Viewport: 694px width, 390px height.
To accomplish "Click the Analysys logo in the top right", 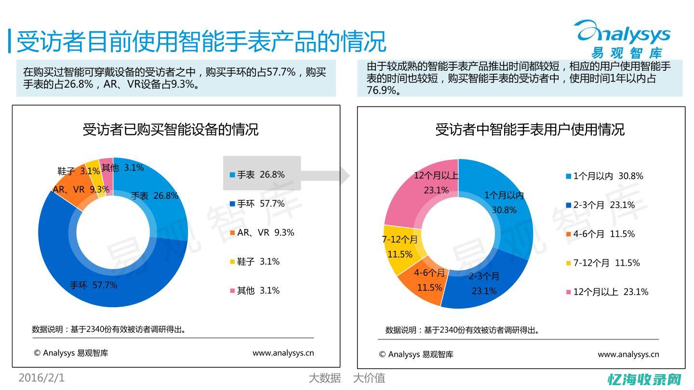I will click(x=625, y=39).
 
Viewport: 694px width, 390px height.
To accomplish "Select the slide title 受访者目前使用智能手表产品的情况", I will click(x=201, y=41).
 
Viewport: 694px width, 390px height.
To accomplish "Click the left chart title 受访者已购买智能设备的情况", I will click(x=171, y=129).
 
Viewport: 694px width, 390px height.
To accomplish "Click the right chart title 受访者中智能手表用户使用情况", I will click(x=530, y=129).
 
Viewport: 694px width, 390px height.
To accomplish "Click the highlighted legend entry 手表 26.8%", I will click(x=261, y=174).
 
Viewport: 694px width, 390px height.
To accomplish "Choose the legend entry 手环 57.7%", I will click(x=261, y=204).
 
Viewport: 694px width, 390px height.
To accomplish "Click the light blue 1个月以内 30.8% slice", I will click(x=506, y=202).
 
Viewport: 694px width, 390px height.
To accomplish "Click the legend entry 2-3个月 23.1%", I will click(x=603, y=205).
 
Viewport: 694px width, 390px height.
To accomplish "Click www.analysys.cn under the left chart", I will click(x=283, y=353).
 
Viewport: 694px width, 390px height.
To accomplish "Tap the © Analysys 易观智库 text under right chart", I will click(x=416, y=354).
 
